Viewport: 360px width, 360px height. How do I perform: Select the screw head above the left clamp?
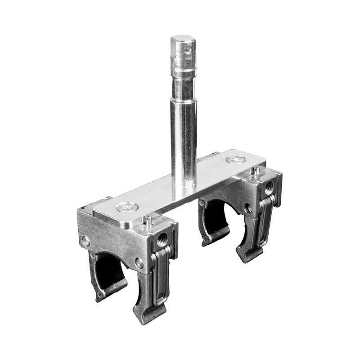point(125,207)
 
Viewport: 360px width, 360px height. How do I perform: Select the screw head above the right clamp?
point(234,160)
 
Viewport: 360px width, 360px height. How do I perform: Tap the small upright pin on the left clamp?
point(147,220)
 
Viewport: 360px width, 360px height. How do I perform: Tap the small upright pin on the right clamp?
point(255,171)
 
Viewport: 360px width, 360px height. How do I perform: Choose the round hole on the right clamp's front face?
point(247,208)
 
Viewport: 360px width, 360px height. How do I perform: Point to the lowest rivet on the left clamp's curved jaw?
point(100,295)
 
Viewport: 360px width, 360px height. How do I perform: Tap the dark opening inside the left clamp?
point(110,270)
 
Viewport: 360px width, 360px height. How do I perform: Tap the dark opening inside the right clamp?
point(216,216)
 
